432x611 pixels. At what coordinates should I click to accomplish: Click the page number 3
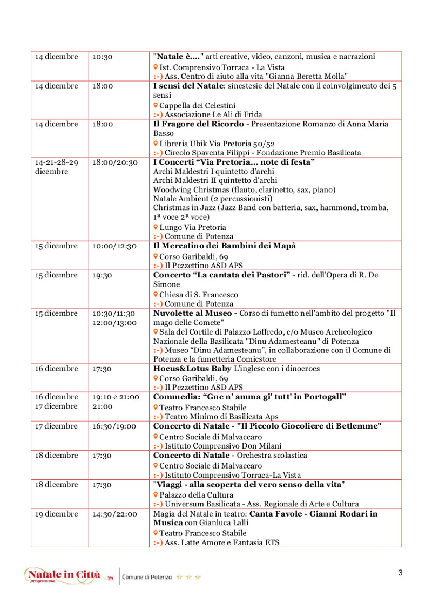400,573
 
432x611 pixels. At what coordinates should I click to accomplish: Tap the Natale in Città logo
63,575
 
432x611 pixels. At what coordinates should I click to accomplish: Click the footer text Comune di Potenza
147,577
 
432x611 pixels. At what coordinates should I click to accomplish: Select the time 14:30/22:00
114,514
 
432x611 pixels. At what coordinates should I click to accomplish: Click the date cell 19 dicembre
57,514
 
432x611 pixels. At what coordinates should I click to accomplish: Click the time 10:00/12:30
114,246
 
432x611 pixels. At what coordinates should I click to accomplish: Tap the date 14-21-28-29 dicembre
57,167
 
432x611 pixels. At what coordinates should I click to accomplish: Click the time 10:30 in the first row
102,57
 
